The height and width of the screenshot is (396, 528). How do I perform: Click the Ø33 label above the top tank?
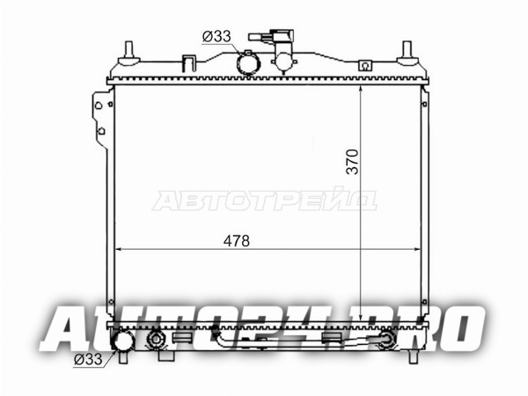pos(216,36)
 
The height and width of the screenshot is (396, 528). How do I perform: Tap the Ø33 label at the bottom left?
pos(88,359)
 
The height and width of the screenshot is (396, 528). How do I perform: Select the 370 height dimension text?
pos(352,162)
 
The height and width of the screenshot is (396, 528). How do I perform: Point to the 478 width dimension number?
pos(237,241)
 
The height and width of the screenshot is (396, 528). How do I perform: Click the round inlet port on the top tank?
pos(248,63)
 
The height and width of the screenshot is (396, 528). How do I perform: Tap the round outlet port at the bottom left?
pos(123,341)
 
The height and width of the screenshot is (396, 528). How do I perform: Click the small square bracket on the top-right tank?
pos(364,65)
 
